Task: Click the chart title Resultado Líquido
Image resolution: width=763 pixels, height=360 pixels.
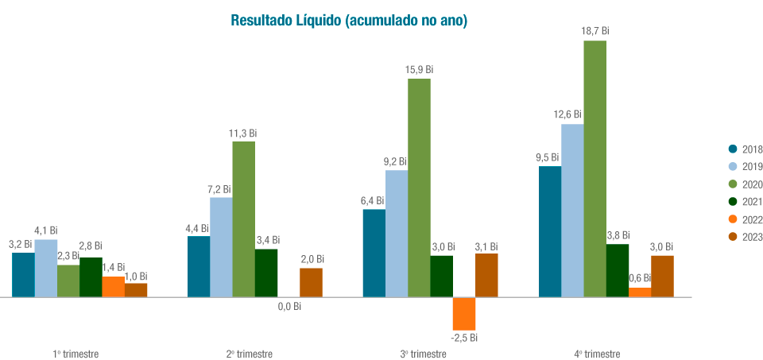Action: point(348,21)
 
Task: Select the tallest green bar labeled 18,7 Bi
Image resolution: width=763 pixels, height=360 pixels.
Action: point(595,168)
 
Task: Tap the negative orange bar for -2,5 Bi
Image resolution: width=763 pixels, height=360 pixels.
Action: point(464,313)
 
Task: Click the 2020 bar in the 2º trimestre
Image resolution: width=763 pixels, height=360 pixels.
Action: point(244,219)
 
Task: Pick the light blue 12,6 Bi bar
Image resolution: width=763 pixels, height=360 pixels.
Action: point(572,211)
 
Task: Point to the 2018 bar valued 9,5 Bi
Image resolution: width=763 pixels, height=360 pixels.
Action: point(550,231)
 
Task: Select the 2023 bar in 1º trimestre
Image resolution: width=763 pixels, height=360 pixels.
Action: point(136,290)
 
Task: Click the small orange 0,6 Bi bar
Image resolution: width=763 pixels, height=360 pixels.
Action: point(640,292)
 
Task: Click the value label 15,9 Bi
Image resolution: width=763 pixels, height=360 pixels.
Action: point(419,70)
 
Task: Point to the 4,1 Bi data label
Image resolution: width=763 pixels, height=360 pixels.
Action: point(45,230)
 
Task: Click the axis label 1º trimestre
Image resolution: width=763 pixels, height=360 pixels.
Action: point(76,354)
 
